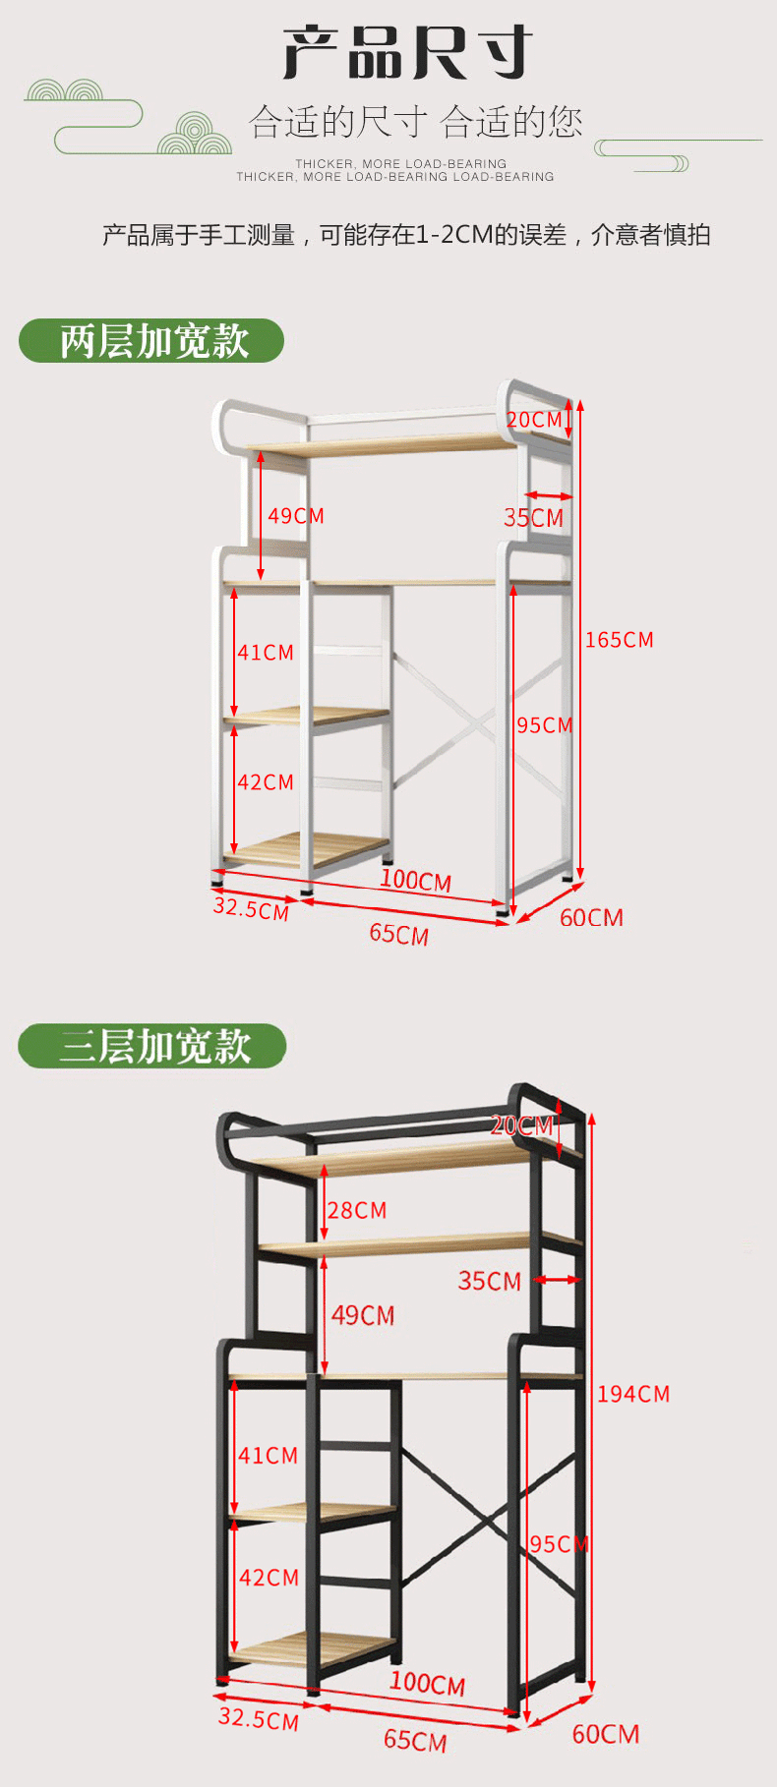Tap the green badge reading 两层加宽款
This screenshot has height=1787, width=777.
152,341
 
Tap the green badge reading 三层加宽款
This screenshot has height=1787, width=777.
152,1046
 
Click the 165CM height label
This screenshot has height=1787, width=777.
619,640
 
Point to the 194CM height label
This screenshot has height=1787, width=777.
632,1394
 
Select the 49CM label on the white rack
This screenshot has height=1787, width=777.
295,516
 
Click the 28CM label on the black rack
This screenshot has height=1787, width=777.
356,1210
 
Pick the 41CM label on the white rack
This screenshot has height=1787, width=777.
265,653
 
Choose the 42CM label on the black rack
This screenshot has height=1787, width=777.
268,1578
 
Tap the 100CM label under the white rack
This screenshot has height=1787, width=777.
415,880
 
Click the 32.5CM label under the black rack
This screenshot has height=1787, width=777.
258,1718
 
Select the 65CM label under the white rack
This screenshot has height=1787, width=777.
398,933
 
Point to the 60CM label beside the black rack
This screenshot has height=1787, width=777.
605,1734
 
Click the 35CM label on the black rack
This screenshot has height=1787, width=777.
489,1281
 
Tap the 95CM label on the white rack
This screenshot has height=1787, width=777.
544,725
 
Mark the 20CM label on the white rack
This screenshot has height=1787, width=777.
534,420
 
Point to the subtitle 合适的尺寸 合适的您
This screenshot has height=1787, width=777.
415,123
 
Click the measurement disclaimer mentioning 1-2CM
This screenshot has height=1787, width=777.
406,235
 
